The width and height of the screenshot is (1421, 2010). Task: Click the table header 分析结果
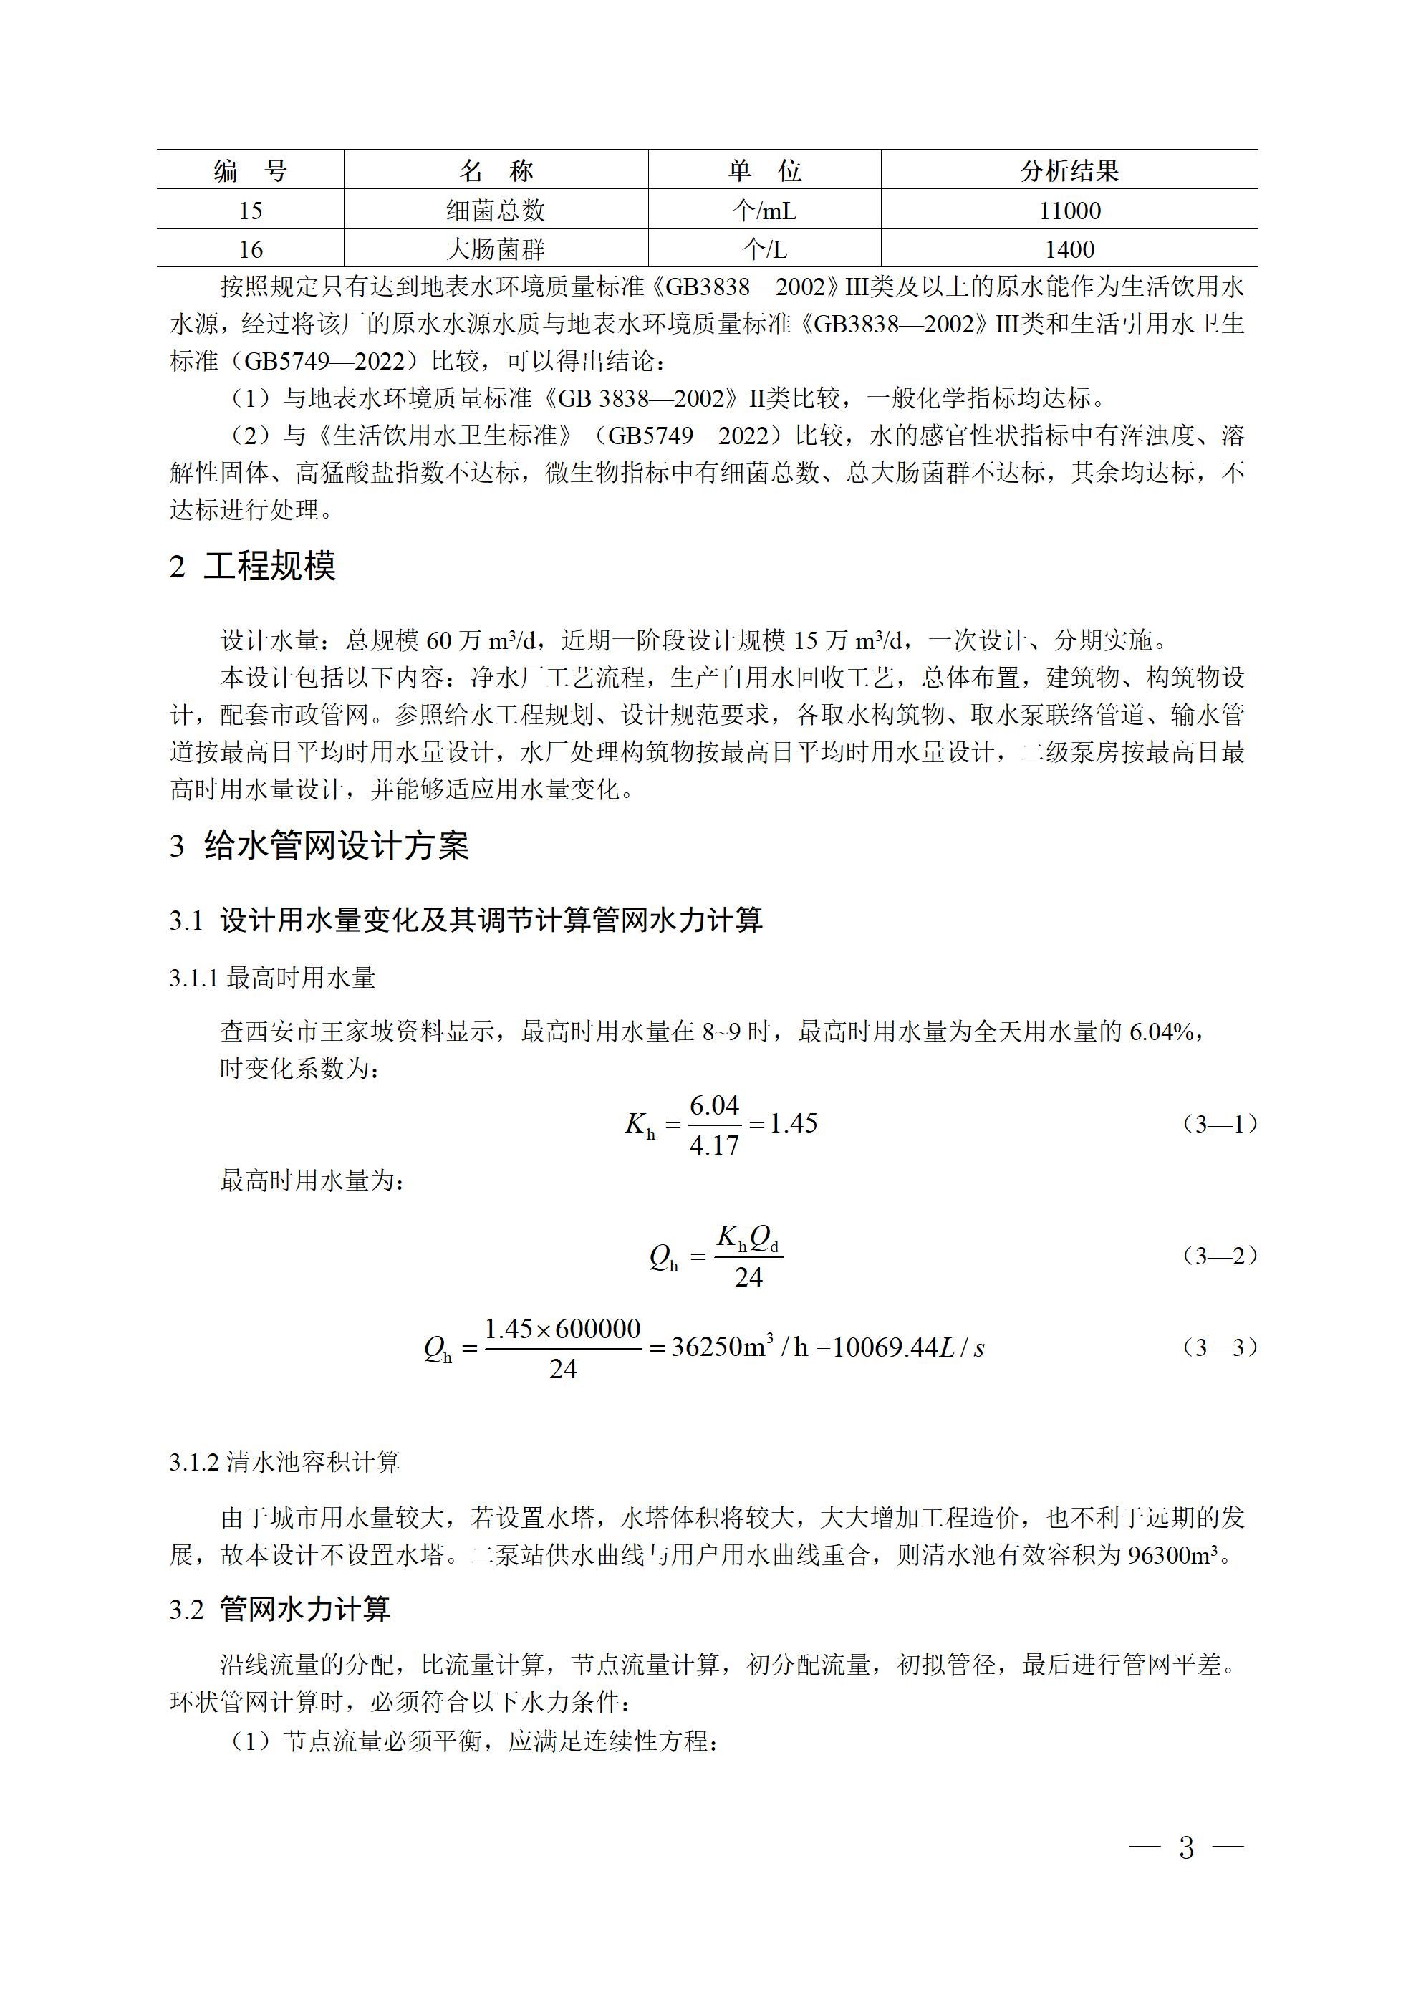click(x=1069, y=170)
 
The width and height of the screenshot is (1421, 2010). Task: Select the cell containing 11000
click(x=1070, y=210)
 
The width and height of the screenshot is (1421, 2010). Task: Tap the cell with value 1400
click(x=1070, y=249)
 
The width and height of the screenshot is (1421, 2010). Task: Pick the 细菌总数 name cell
click(x=496, y=210)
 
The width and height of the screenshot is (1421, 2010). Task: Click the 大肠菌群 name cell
click(x=496, y=249)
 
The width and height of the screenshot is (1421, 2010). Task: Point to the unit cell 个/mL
click(x=764, y=210)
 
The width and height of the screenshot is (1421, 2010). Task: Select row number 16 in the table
click(x=251, y=249)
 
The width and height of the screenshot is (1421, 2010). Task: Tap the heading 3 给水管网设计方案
click(x=319, y=846)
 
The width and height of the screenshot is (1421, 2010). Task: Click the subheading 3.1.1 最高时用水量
click(x=272, y=978)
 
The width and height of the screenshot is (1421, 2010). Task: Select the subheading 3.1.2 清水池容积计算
click(x=284, y=1462)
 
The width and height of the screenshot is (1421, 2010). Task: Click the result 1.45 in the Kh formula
click(x=794, y=1124)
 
